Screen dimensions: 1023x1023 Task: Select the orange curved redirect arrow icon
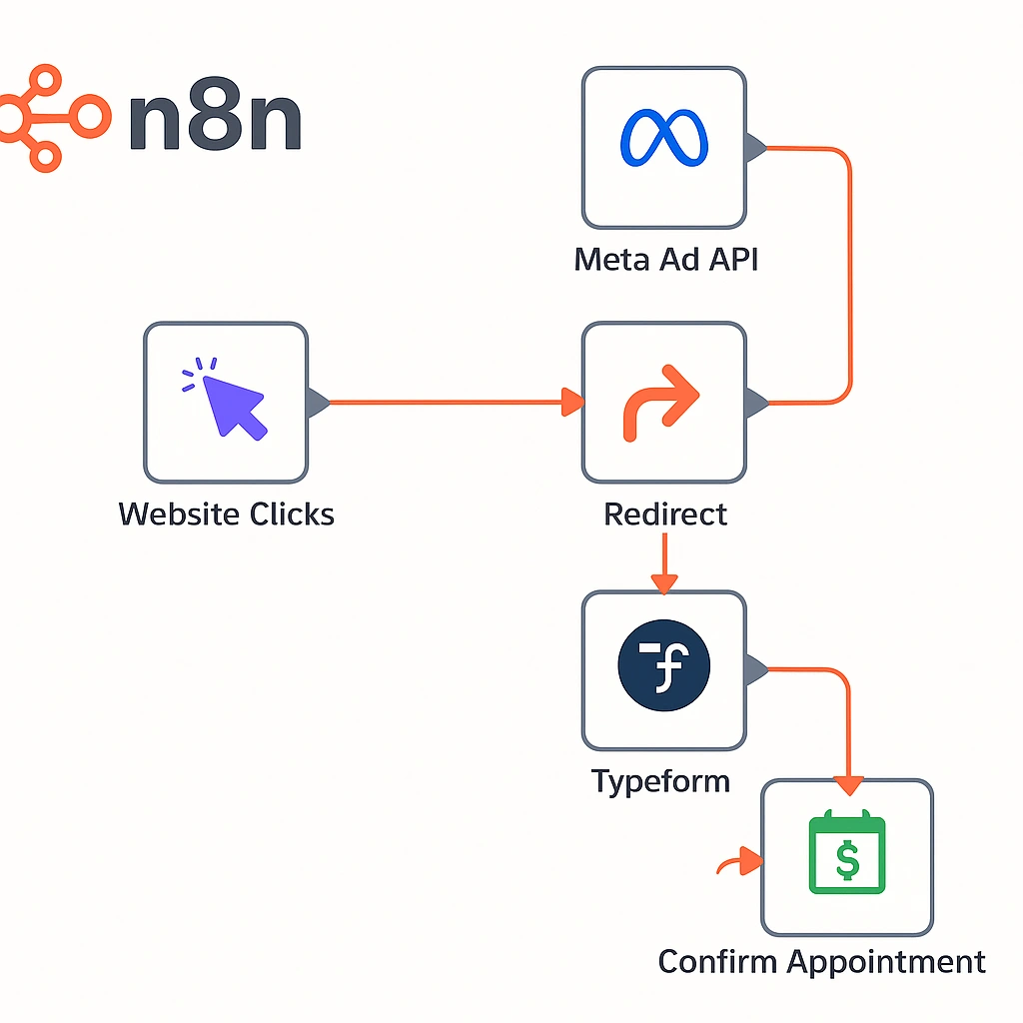click(660, 402)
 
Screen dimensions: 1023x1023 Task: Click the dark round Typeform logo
click(663, 668)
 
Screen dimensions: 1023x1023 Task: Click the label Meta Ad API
click(665, 260)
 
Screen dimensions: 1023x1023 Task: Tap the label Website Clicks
click(226, 514)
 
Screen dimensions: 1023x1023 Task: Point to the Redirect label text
click(665, 514)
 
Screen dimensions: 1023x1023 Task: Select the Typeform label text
click(660, 780)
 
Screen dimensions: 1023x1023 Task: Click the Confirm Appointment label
click(821, 962)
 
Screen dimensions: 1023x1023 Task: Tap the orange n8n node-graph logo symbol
click(50, 117)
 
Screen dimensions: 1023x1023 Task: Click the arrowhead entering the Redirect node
click(572, 403)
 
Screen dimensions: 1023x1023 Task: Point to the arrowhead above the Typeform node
click(664, 580)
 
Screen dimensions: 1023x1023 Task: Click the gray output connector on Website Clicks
click(318, 403)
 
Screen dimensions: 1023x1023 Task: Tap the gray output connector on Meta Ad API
click(755, 149)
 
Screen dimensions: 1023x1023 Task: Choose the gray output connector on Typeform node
click(755, 669)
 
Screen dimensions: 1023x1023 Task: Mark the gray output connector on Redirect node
click(755, 403)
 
